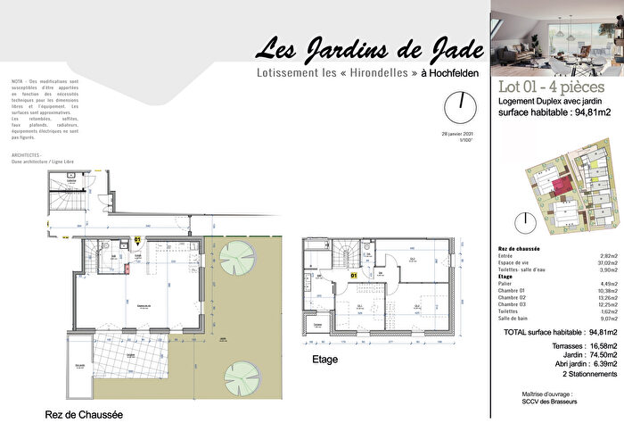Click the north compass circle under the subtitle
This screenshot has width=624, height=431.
[x=459, y=107]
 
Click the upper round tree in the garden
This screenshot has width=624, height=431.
[x=238, y=258]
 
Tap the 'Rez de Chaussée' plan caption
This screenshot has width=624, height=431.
[x=84, y=415]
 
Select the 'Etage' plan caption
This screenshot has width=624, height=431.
[x=324, y=360]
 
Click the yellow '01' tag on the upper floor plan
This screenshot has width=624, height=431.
[x=354, y=277]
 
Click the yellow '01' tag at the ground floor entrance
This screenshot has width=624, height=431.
[x=138, y=240]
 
